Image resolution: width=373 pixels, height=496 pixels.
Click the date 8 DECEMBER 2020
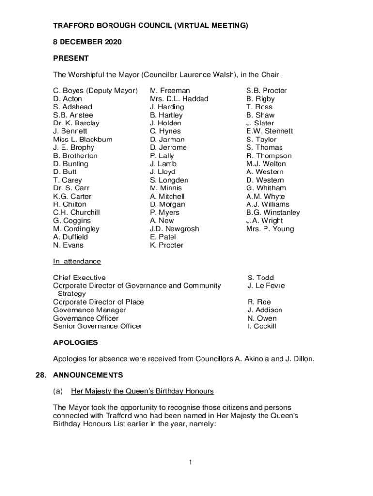[x=87, y=42]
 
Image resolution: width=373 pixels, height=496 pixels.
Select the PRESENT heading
[x=71, y=58]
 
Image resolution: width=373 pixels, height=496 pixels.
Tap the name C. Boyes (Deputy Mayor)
[x=95, y=91]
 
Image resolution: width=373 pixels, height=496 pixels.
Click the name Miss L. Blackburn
[x=83, y=139]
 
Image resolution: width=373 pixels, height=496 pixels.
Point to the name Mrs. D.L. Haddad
[x=179, y=99]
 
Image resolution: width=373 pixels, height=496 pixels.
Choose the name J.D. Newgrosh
[x=174, y=229]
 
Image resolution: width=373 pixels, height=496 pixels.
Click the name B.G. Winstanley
[x=273, y=213]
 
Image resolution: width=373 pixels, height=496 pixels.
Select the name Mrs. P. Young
[x=270, y=229]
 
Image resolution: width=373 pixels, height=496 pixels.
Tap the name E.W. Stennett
[x=269, y=131]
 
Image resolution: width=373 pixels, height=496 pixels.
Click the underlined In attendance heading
[x=77, y=262]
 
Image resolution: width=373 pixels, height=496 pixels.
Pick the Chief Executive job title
[x=79, y=278]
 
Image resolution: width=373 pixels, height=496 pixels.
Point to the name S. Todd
[x=260, y=278]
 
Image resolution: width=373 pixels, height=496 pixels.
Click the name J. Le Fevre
[x=266, y=286]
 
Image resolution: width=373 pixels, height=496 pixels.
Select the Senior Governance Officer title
[x=97, y=326]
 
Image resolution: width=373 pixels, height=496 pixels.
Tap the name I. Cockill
[x=262, y=326]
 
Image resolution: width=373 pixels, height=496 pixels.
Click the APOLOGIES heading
[x=75, y=342]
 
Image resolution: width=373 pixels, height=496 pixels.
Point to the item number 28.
[x=41, y=375]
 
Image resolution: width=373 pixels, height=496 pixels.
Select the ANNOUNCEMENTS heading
[x=88, y=375]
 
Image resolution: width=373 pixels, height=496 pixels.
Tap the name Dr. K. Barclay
[x=76, y=123]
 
